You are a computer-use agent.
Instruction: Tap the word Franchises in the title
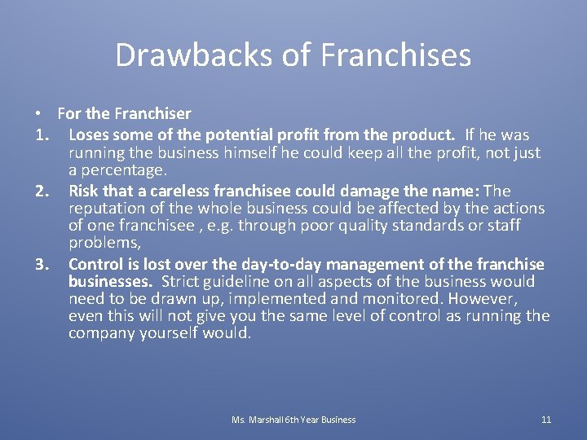(396, 55)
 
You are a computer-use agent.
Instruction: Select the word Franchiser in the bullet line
(154, 113)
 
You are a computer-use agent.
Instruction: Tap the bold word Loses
(89, 134)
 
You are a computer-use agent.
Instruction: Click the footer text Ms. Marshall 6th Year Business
(293, 420)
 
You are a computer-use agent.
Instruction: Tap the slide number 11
(546, 420)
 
